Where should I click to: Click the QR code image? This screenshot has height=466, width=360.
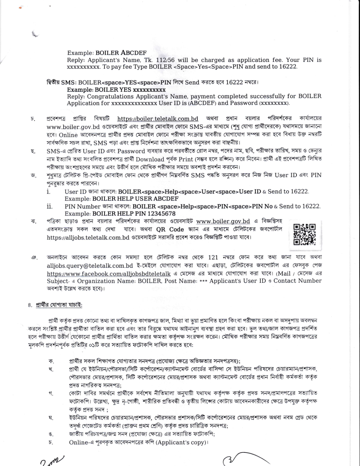pos(305,234)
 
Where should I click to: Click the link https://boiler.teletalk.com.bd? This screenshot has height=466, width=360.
pos(158,119)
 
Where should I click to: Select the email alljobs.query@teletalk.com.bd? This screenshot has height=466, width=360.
pos(90,266)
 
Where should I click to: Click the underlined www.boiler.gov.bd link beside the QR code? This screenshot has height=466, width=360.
pos(223,222)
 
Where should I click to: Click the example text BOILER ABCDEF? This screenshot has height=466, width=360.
pos(121,53)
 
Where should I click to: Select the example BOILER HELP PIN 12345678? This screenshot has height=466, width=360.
pos(134,214)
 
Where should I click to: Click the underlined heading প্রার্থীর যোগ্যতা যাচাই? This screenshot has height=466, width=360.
pos(59,305)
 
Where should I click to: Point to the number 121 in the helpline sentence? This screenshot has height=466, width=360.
pos(213,257)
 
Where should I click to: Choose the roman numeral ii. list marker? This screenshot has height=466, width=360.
pos(49,206)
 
